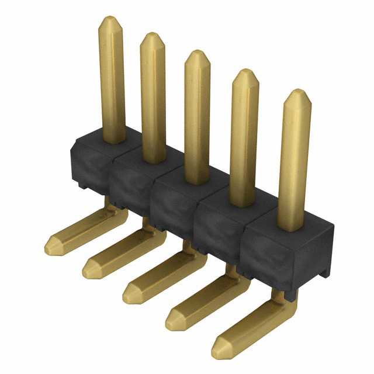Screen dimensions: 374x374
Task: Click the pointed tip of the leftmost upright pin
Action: pyautogui.click(x=110, y=20)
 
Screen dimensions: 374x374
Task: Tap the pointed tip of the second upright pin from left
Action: pyautogui.click(x=152, y=36)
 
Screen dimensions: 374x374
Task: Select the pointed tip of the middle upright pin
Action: pyautogui.click(x=197, y=54)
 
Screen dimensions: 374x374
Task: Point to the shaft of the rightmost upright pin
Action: pyautogui.click(x=292, y=164)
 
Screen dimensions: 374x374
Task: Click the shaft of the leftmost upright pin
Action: pyautogui.click(x=112, y=82)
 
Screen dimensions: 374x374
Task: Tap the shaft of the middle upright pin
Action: pyautogui.click(x=197, y=117)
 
